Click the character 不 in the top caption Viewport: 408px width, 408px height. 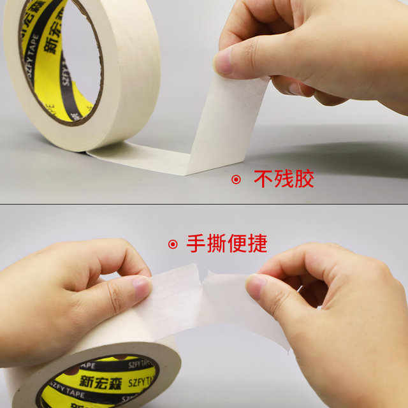264,179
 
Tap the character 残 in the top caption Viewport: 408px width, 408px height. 284,179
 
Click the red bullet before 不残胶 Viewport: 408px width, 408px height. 236,180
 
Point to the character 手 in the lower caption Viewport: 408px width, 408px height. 196,244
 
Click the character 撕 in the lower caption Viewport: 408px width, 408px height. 216,244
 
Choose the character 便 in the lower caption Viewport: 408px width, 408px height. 237,244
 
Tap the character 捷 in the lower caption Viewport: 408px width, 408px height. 257,244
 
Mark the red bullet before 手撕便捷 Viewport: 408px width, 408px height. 172,244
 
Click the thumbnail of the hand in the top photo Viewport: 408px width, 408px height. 223,62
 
